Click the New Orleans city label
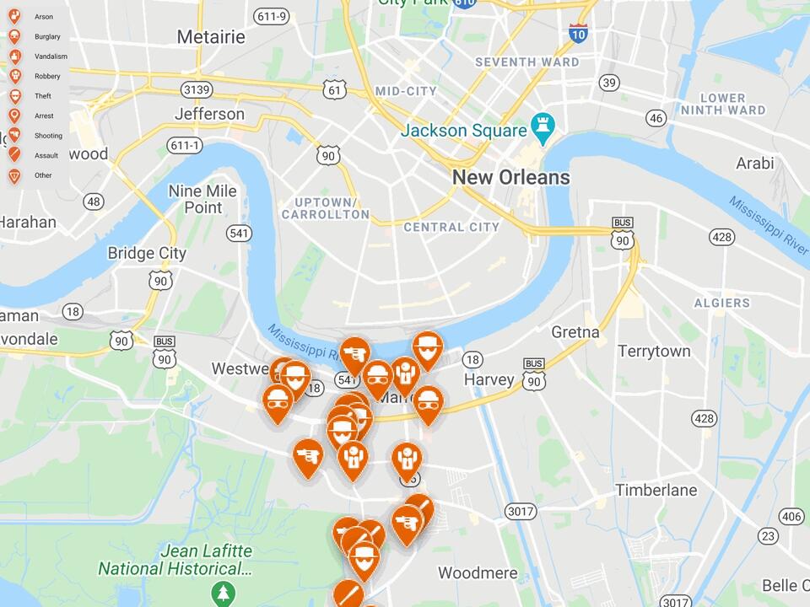pyautogui.click(x=510, y=178)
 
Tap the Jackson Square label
pyautogui.click(x=463, y=131)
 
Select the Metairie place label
pyautogui.click(x=211, y=37)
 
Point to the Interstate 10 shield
pyautogui.click(x=578, y=33)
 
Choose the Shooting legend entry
pyautogui.click(x=48, y=136)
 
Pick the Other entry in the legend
pyautogui.click(x=43, y=175)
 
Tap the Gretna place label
pyautogui.click(x=575, y=332)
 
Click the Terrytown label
pyautogui.click(x=654, y=351)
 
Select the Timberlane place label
pyautogui.click(x=656, y=490)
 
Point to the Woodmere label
pyautogui.click(x=478, y=573)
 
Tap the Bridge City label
pyautogui.click(x=147, y=253)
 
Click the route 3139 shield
pyautogui.click(x=196, y=89)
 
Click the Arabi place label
pyautogui.click(x=754, y=163)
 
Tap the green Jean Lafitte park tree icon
pyautogui.click(x=224, y=593)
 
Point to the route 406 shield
pyautogui.click(x=791, y=516)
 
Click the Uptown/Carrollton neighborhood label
pyautogui.click(x=325, y=208)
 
